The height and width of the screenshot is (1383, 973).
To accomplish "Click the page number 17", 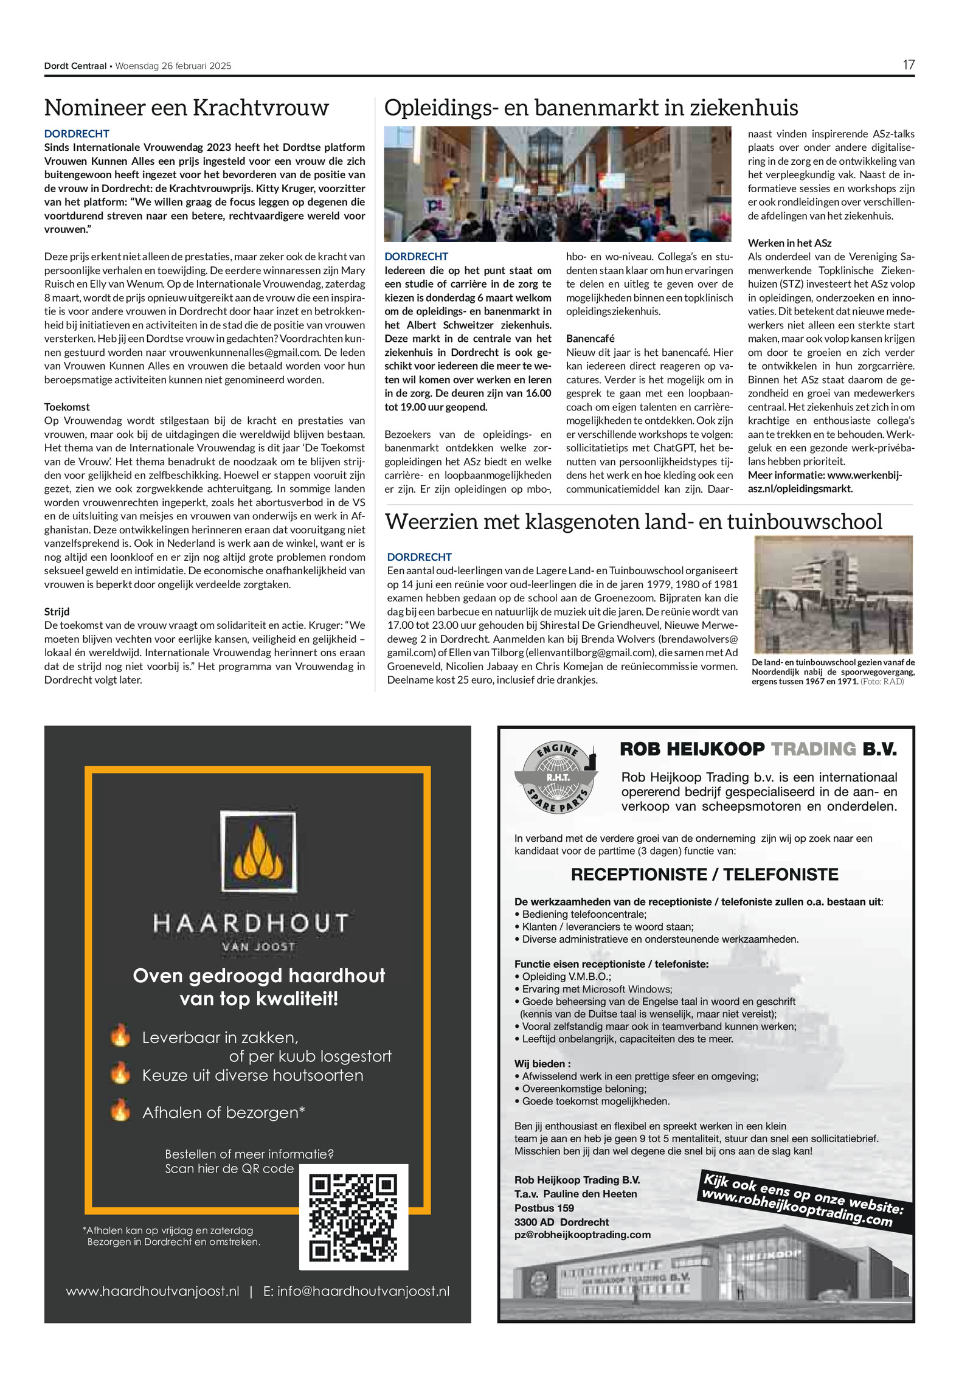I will [x=908, y=65].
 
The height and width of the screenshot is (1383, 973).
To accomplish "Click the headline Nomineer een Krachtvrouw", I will [x=187, y=108].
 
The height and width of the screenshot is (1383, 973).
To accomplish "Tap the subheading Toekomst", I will [x=67, y=407].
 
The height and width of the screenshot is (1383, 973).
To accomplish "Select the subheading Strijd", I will [x=57, y=611].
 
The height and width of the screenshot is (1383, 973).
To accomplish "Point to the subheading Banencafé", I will [x=590, y=338].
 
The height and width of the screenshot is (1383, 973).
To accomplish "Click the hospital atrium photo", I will [x=557, y=184].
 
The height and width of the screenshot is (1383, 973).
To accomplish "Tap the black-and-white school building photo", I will [x=833, y=594].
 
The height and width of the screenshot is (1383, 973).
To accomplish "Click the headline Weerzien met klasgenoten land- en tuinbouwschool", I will [x=634, y=522].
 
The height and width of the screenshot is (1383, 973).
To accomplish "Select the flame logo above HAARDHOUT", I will [x=258, y=852].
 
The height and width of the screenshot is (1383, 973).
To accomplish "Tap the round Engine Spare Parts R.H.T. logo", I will [x=556, y=778].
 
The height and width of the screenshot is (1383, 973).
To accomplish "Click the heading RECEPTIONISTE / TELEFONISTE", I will [x=704, y=875].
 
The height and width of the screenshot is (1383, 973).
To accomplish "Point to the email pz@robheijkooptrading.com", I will [x=582, y=1235].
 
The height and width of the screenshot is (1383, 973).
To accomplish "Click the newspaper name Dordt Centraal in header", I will [x=75, y=66].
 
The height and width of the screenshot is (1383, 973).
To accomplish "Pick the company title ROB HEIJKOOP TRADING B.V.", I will [x=758, y=749].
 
